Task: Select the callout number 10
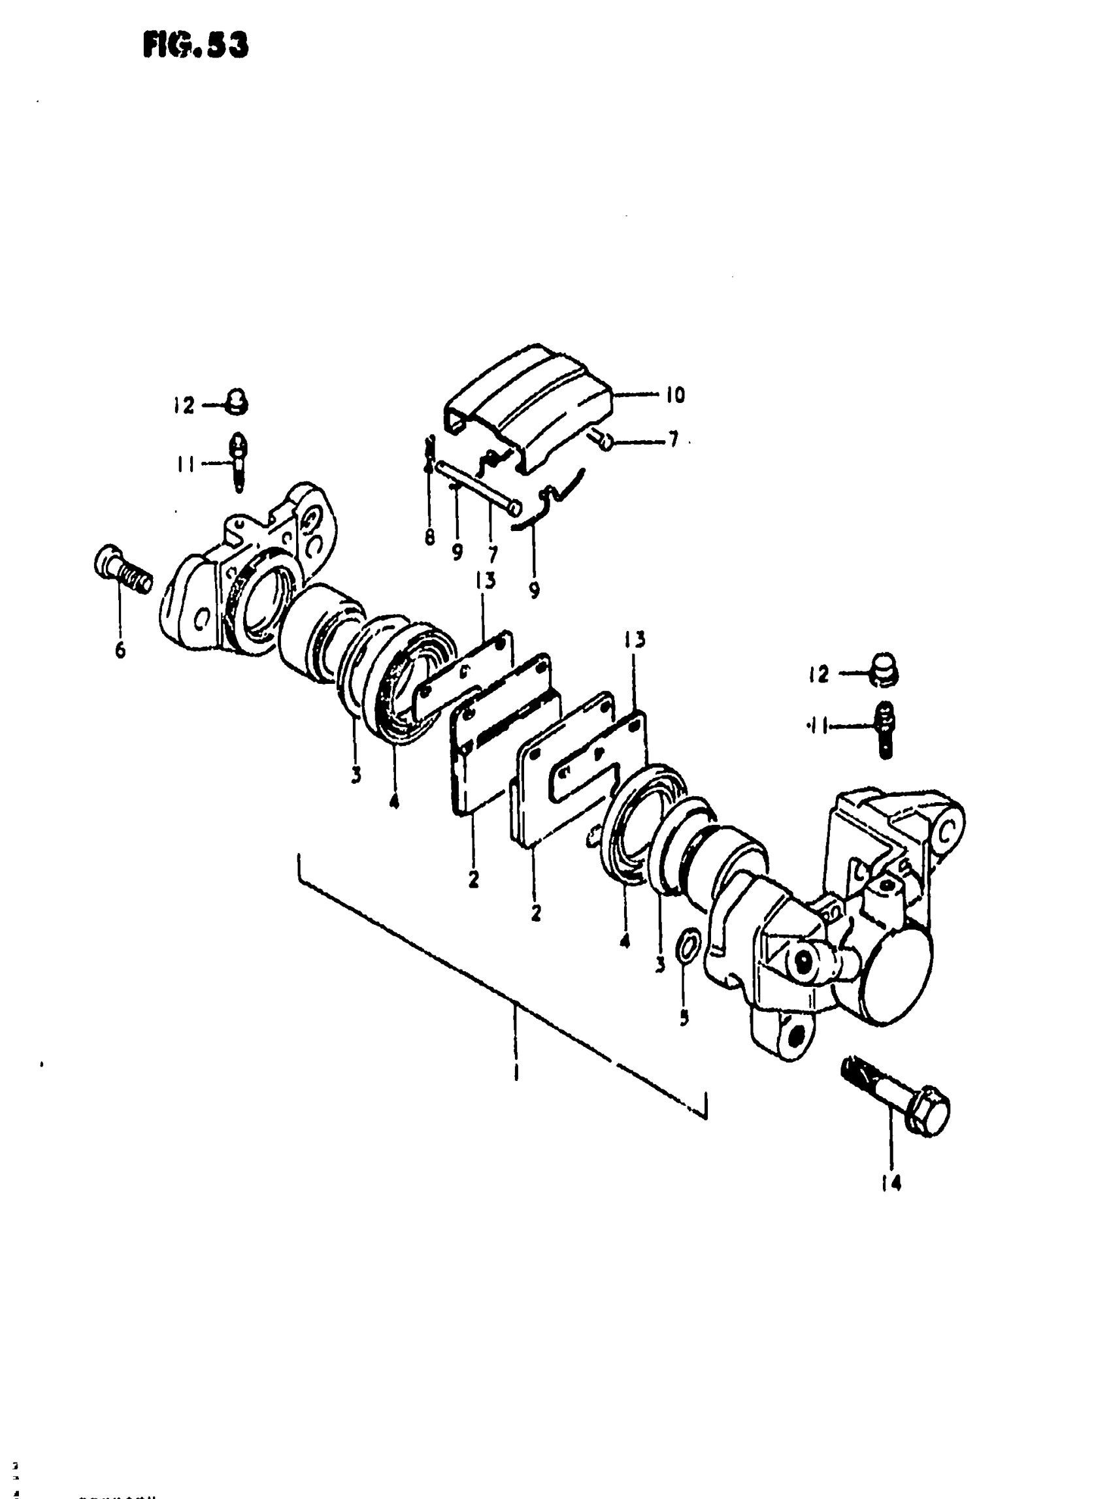click(674, 395)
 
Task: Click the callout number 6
click(120, 650)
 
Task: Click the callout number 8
click(430, 538)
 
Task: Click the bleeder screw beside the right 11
click(885, 728)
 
